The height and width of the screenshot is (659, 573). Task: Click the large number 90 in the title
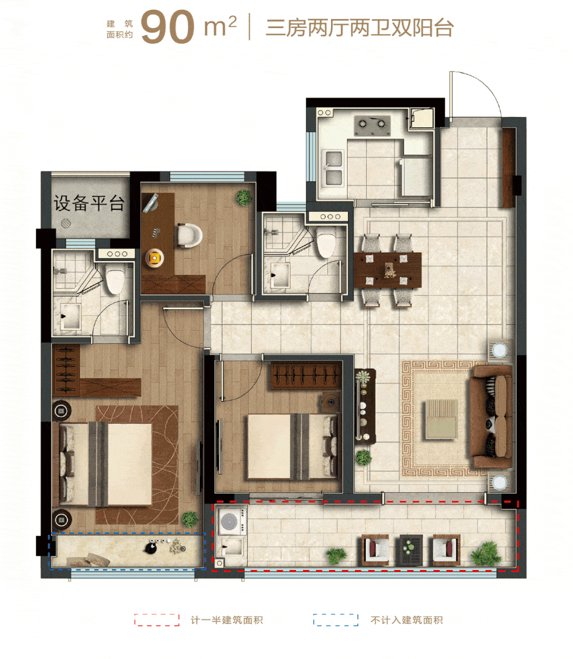(x=168, y=27)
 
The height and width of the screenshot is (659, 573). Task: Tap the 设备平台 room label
(x=89, y=203)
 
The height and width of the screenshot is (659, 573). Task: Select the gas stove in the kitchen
(x=372, y=126)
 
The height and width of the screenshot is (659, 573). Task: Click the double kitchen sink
(x=333, y=169)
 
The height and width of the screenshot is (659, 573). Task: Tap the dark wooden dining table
(x=387, y=270)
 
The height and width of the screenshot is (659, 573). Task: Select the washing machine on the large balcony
(x=232, y=521)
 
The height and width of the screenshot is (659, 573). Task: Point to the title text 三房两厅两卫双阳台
(x=360, y=28)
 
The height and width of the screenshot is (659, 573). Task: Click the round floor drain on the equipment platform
(x=66, y=223)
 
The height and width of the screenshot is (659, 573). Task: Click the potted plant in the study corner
(x=244, y=198)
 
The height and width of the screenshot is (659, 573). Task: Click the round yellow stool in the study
(x=154, y=258)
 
